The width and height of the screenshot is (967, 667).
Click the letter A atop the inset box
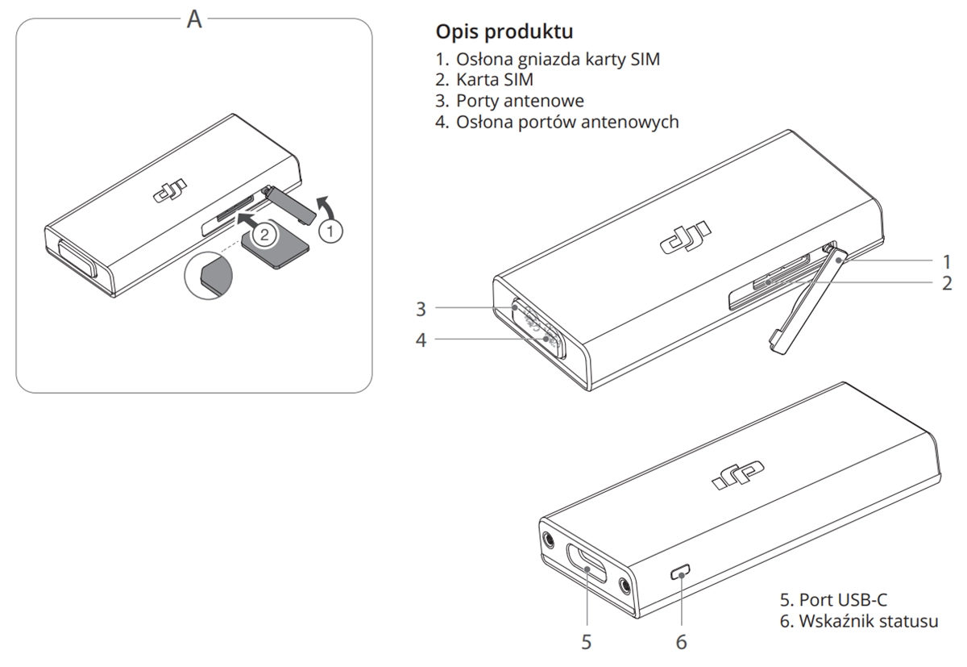(194, 20)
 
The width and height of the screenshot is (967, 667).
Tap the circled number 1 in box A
(330, 231)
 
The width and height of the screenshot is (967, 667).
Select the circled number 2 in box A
(262, 236)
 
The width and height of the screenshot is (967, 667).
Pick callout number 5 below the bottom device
(587, 642)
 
